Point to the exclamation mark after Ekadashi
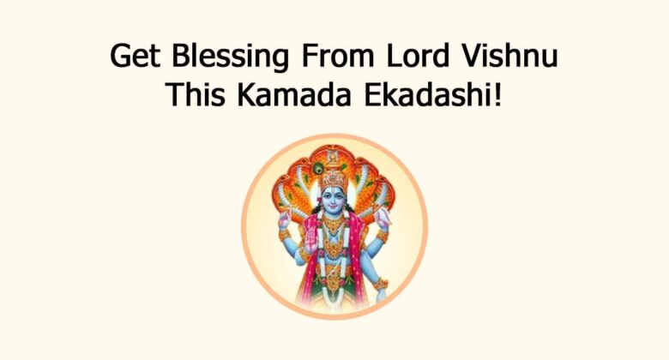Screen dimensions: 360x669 (x=497, y=94)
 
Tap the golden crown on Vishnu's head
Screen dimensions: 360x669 (x=334, y=177)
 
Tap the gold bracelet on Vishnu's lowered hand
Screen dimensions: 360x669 (x=380, y=284)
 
